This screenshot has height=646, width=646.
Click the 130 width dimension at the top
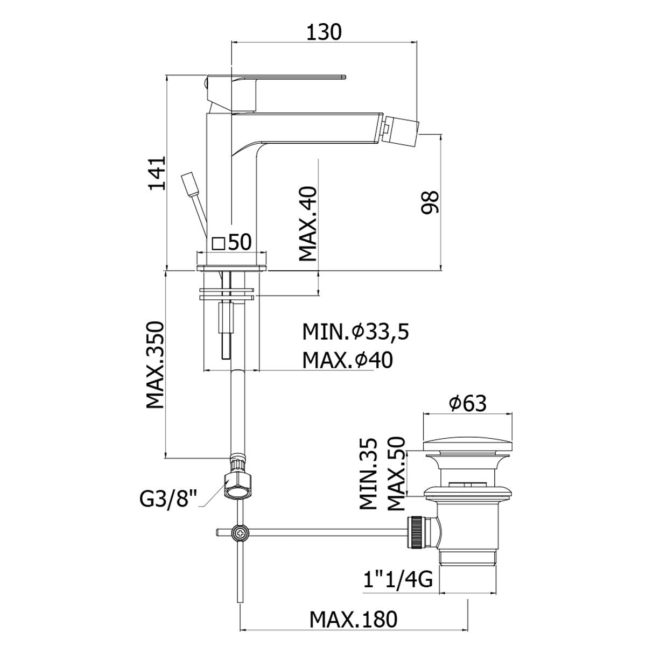324,33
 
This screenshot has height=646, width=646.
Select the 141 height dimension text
156,174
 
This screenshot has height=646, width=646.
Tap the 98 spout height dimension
430,203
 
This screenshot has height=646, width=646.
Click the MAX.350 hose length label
155,364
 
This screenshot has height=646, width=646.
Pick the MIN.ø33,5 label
355,332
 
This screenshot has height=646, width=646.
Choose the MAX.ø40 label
347,360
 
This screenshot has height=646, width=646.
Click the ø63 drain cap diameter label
466,402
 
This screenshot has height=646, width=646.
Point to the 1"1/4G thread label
398,580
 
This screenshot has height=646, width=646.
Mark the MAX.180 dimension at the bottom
353,619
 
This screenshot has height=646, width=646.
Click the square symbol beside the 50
219,244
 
